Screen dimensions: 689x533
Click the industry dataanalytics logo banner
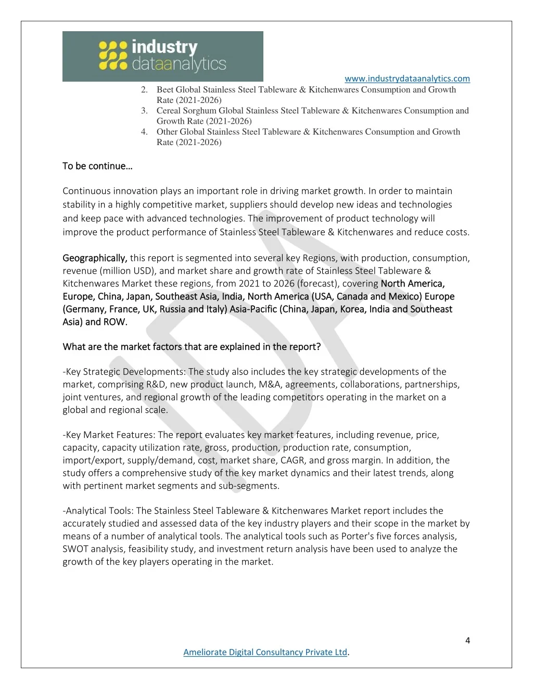[x=162, y=56]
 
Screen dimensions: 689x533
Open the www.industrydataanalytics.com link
[x=407, y=79]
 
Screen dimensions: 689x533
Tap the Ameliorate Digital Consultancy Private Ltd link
[x=265, y=652]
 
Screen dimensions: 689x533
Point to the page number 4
[x=467, y=640]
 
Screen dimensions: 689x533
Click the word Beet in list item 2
[x=165, y=89]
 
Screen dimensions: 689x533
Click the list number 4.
[x=144, y=132]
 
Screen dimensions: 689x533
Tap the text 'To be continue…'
[x=97, y=166]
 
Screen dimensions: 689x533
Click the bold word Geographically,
[x=95, y=258]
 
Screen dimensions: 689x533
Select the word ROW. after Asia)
[x=116, y=322]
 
